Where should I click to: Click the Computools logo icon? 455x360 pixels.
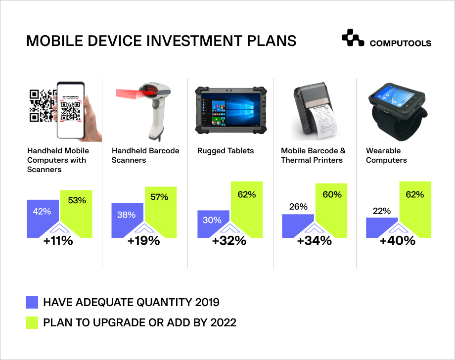pos(353,39)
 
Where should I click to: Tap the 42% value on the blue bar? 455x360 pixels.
pos(42,212)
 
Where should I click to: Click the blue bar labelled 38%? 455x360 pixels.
pos(127,216)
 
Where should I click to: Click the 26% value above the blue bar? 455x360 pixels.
pos(298,206)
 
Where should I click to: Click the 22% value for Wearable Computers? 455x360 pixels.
pos(382,211)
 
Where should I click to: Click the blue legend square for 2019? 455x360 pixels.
pos(32,302)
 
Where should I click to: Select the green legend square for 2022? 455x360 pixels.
pos(32,322)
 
